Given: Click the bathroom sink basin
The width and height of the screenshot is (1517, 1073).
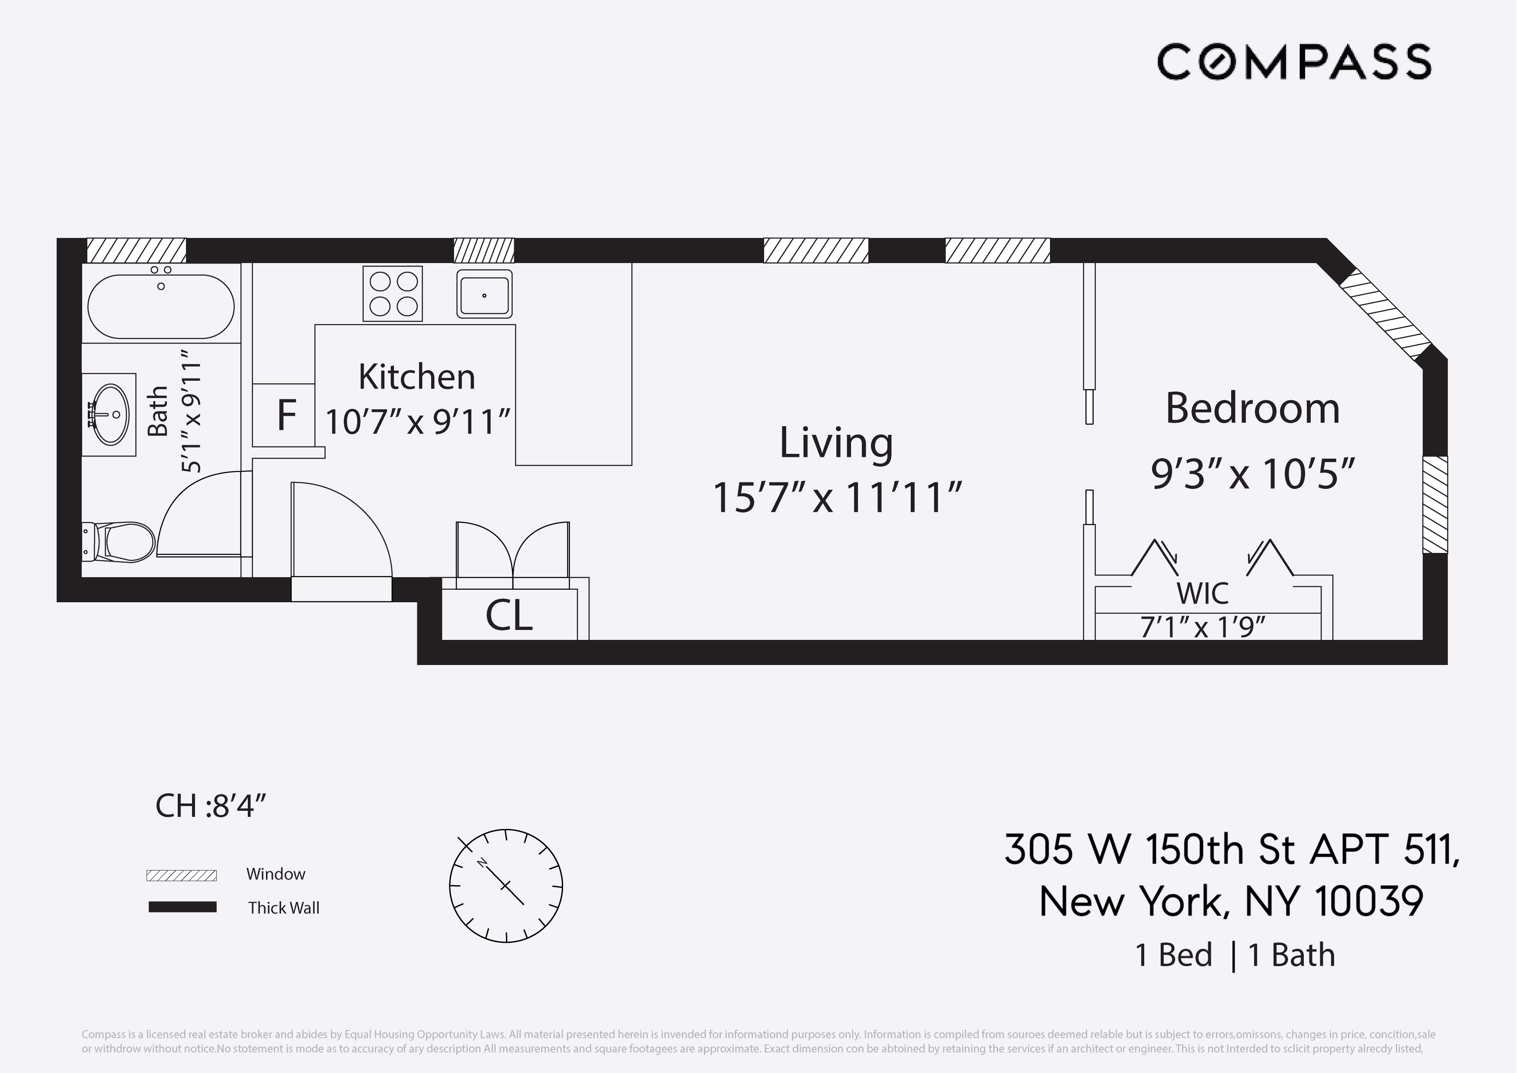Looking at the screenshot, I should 110,414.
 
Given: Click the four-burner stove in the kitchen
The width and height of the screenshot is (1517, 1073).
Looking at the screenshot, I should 393,293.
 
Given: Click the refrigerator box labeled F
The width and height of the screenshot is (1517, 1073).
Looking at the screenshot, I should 285,415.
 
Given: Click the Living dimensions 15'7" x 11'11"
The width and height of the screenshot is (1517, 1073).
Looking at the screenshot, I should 836,498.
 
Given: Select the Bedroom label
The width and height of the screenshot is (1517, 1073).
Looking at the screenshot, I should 1252,408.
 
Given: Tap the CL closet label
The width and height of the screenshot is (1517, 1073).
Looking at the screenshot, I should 508,616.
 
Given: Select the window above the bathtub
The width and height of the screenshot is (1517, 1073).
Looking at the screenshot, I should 136,251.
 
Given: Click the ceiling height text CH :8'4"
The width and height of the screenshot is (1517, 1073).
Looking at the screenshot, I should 210,806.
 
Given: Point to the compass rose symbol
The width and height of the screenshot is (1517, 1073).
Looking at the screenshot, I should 506,885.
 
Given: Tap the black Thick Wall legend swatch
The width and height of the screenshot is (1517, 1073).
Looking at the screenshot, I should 182,907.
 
